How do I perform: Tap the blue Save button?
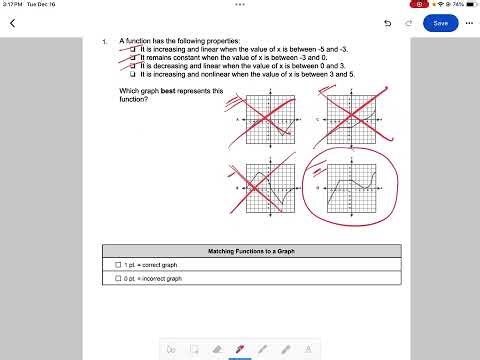tap(441, 22)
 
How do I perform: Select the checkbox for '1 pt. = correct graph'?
tap(118, 265)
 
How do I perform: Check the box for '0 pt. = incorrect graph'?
tap(118, 279)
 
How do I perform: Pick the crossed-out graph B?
tap(263, 185)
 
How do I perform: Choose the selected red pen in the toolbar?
tap(240, 349)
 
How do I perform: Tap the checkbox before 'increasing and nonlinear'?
tap(134, 73)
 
